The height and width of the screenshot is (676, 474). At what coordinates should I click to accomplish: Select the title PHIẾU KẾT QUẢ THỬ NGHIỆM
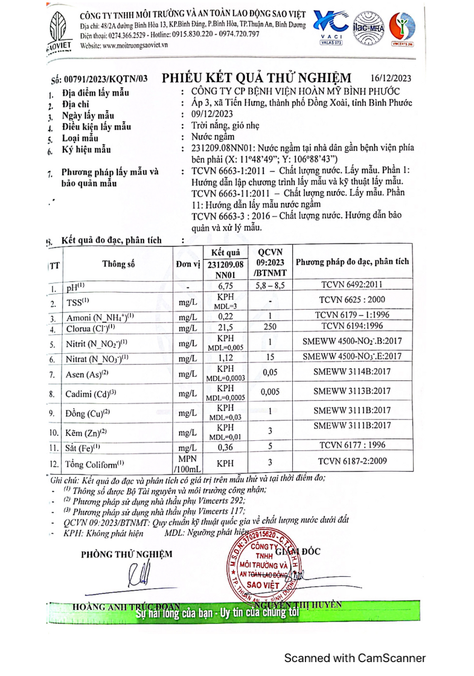[x=257, y=78]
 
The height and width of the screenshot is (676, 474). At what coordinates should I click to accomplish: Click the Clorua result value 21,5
[x=225, y=328]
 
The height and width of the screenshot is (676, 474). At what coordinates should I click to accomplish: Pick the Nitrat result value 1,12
[x=225, y=359]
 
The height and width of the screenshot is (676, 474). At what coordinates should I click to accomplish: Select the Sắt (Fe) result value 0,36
[x=225, y=447]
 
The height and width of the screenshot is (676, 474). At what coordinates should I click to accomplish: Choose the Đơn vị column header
[x=188, y=264]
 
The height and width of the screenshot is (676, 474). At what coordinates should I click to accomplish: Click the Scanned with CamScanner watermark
[x=355, y=657]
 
